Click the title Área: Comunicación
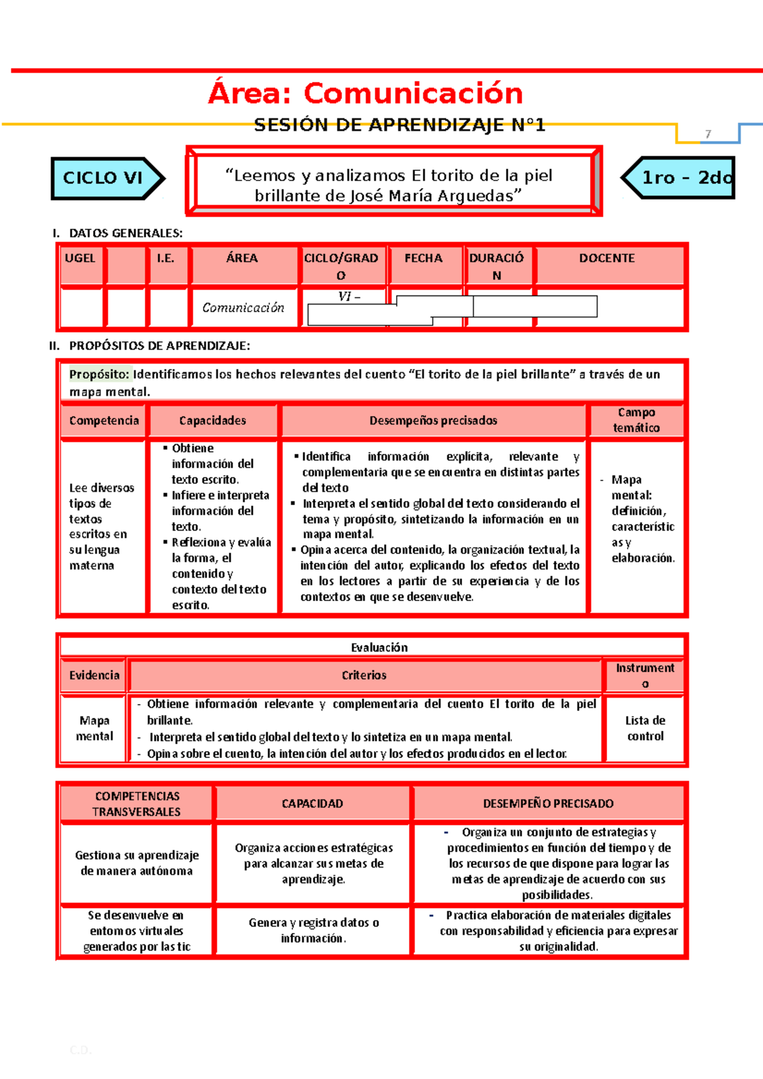366,93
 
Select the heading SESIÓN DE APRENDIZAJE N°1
399,125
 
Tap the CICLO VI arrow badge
103,178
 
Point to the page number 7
708,134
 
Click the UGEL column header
80,258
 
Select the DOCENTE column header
607,258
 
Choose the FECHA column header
423,258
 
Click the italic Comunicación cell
243,308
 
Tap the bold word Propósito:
99,374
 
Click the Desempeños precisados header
433,421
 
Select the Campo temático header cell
636,420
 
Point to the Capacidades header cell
212,421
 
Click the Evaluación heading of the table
379,648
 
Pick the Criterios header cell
364,675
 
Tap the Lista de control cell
645,728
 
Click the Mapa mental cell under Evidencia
95,728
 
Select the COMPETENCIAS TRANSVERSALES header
137,804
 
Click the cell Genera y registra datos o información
313,930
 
